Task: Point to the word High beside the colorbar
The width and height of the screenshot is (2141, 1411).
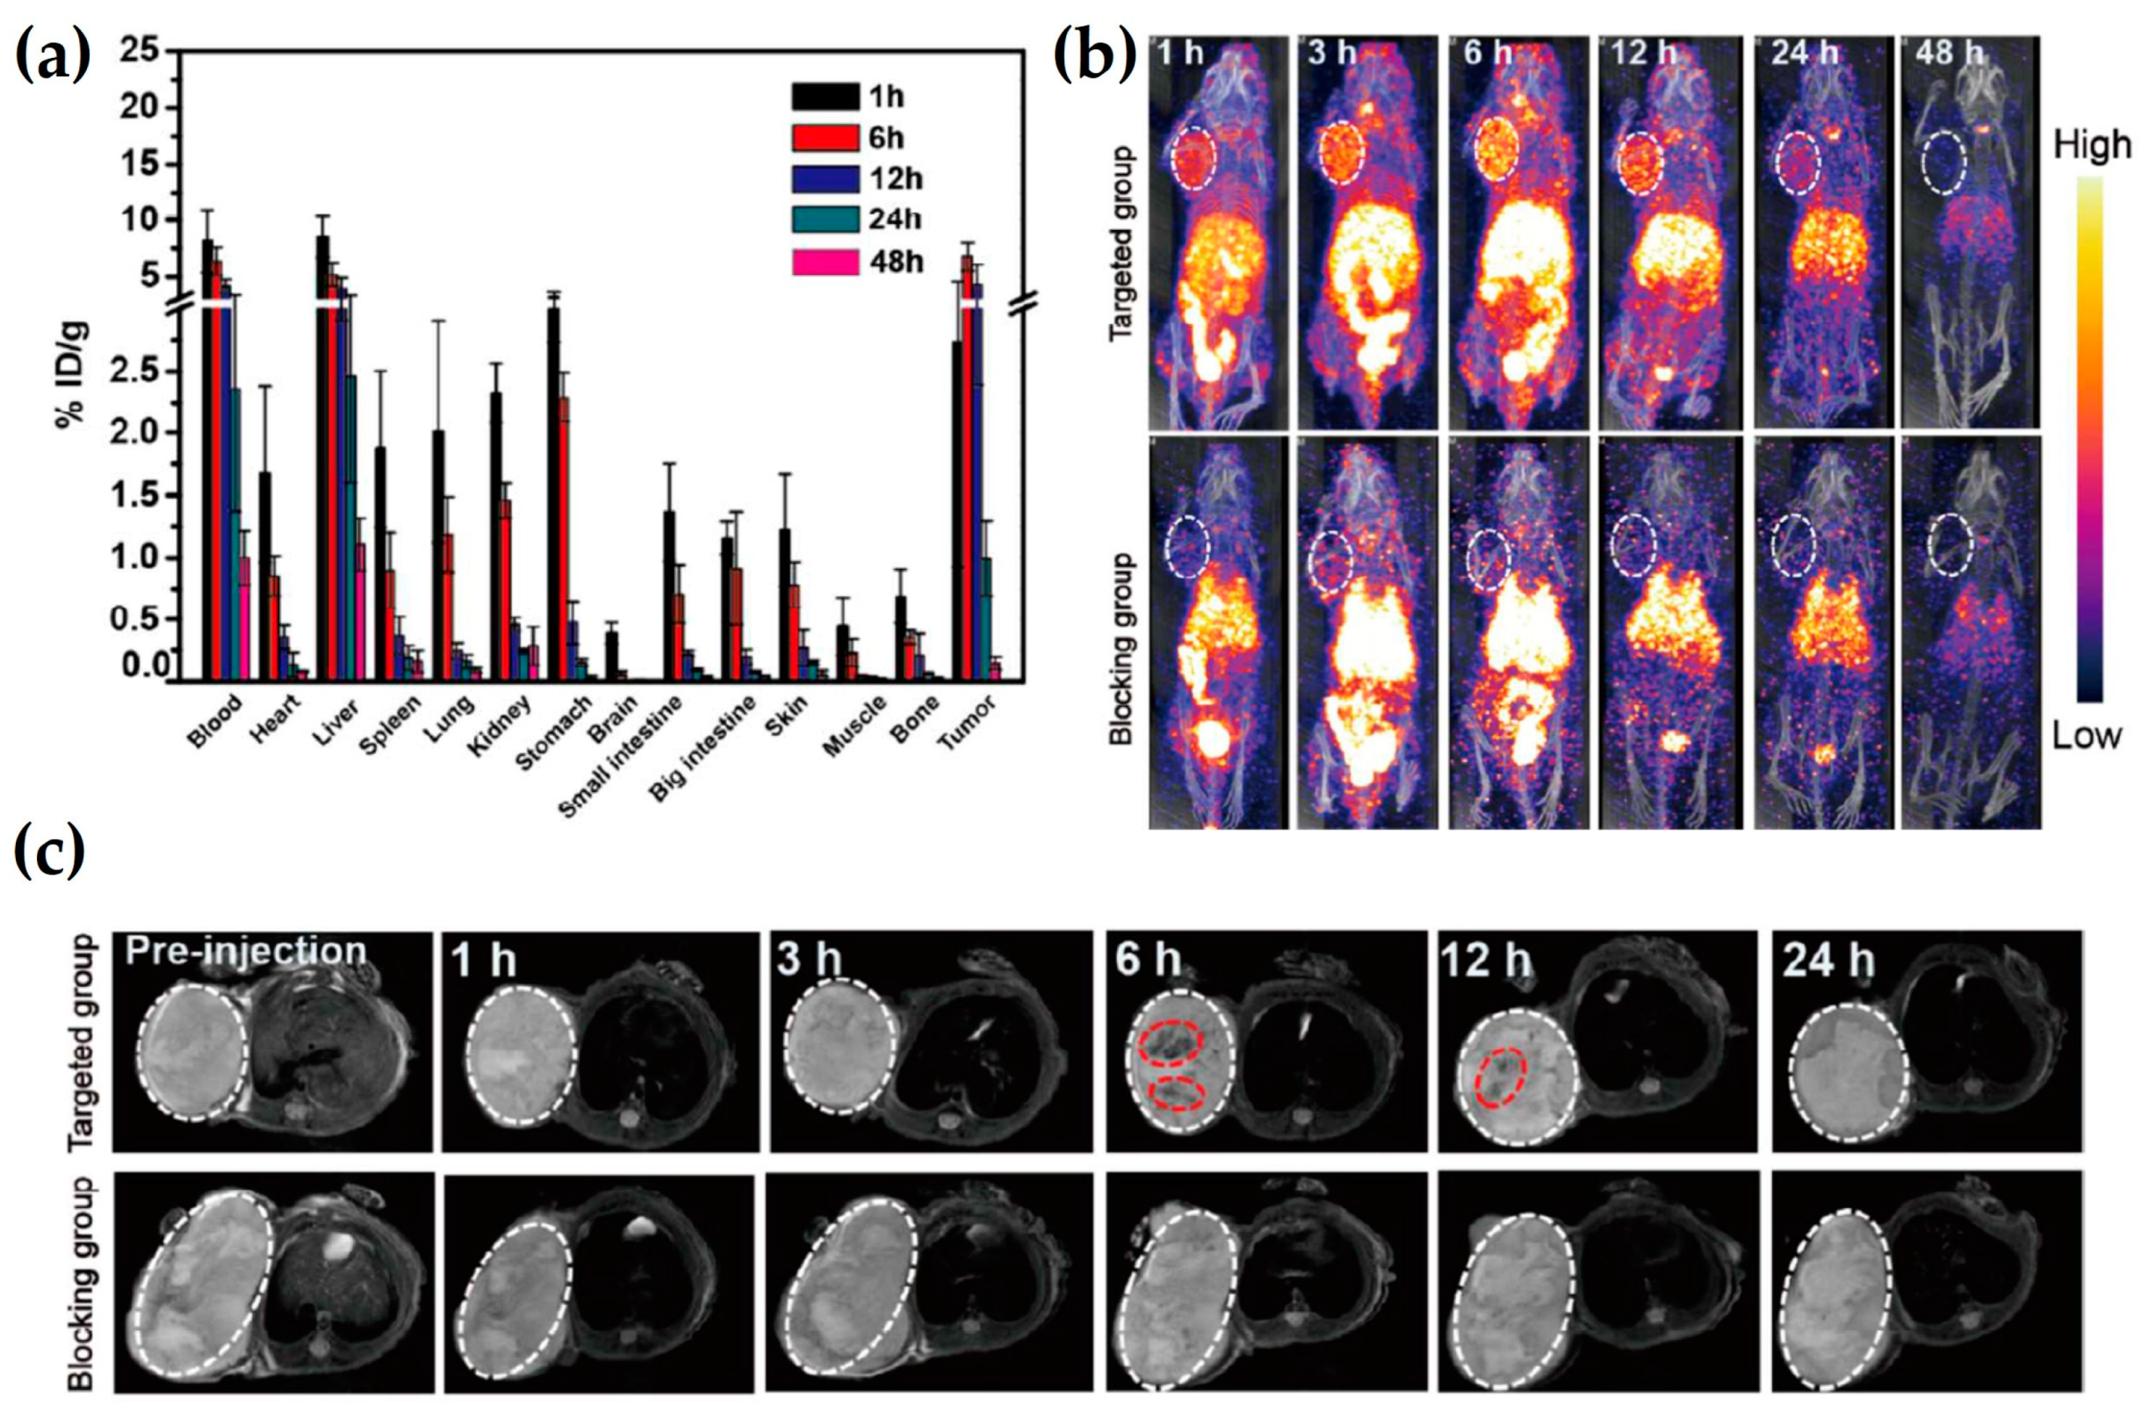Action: (x=2092, y=145)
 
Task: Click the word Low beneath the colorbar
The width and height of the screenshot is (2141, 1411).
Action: (x=2085, y=736)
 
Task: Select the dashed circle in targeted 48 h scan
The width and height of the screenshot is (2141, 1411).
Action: (x=1944, y=162)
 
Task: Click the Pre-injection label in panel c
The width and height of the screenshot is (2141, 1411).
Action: (x=245, y=951)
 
